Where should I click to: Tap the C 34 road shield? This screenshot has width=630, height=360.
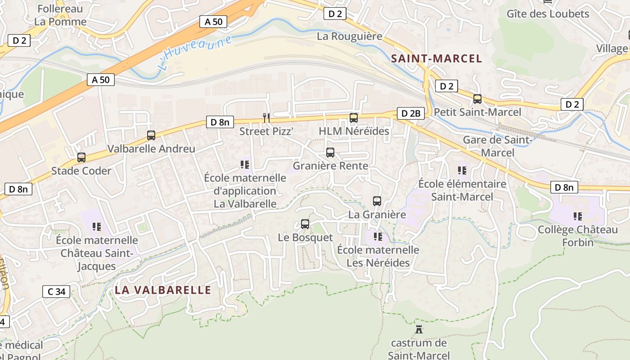[x=57, y=292]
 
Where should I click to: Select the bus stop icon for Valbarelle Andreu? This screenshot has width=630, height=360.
[x=151, y=135]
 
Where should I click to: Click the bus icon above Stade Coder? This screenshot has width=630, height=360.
[x=81, y=157]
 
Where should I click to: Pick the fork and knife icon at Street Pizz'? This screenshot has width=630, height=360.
[x=266, y=118]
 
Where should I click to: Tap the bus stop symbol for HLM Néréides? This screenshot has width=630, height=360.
[x=354, y=118]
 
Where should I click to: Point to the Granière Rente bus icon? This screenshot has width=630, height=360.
[x=330, y=153]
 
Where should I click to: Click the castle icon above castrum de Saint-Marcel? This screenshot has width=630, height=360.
[x=419, y=329]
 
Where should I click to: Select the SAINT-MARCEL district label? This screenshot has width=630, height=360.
[x=436, y=58]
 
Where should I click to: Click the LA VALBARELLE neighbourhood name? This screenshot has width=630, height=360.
[x=163, y=290]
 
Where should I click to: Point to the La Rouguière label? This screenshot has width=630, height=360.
[x=350, y=36]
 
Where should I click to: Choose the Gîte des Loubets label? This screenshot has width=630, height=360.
[x=548, y=13]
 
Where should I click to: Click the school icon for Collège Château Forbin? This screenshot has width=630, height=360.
[x=578, y=216]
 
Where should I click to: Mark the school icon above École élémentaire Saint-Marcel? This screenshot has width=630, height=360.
[x=462, y=171]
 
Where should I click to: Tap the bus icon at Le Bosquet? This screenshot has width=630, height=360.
[x=305, y=224]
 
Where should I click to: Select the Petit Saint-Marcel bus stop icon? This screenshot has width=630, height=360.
[x=477, y=99]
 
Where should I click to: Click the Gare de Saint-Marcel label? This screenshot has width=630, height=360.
[x=498, y=146]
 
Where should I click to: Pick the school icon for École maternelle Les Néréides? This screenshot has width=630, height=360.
[x=378, y=236]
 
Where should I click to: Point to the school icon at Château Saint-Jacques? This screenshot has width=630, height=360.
[x=97, y=226]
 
